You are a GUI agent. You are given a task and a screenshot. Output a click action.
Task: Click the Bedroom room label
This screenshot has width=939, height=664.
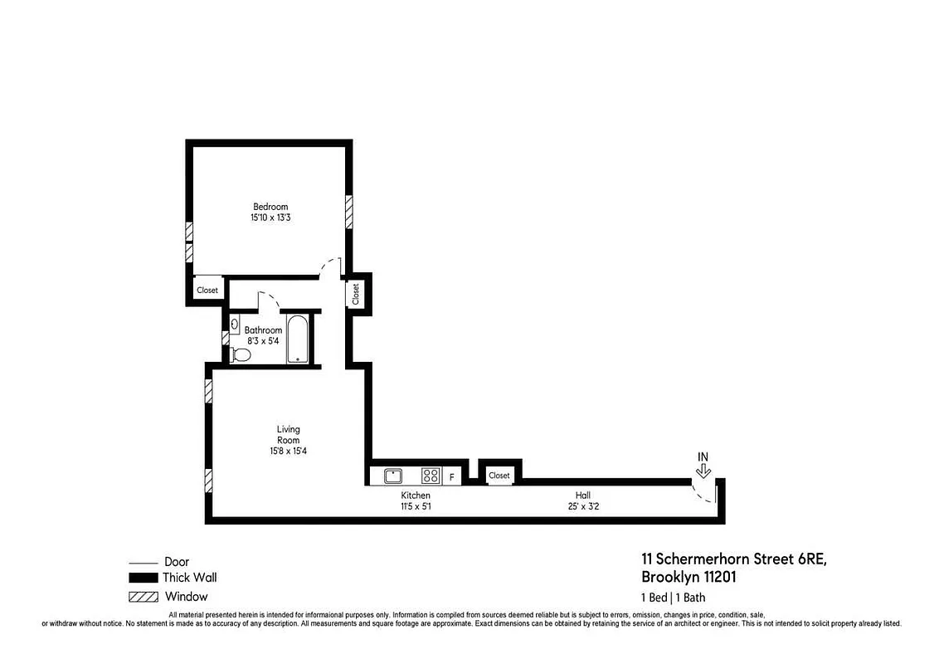(270, 207)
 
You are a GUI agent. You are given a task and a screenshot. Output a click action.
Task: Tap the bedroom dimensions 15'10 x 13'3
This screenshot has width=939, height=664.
(270, 217)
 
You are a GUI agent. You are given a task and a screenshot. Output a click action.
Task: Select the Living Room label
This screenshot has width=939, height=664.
(289, 434)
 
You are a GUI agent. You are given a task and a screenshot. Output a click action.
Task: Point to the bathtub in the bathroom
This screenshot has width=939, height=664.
(297, 339)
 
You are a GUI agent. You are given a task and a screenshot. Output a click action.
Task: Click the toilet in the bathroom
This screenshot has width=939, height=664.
(241, 354)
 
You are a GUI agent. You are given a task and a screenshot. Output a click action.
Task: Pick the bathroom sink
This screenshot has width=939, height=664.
(235, 324)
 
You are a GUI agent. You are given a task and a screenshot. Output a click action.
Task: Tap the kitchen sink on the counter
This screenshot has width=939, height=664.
(392, 476)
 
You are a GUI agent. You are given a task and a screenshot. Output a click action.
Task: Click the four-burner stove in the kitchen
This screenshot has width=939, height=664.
(430, 476)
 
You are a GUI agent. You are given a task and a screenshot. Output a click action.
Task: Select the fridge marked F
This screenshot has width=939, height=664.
(452, 476)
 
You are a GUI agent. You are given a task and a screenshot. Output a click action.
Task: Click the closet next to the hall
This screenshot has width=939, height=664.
(499, 476)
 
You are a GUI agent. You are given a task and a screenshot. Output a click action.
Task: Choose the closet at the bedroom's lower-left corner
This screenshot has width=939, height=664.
(207, 290)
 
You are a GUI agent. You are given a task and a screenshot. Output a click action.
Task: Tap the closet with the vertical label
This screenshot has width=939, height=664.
(356, 294)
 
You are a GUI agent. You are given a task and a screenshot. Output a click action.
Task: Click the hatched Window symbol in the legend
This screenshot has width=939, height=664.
(143, 596)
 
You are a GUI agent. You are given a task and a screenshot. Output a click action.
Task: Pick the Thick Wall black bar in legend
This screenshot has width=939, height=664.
(143, 578)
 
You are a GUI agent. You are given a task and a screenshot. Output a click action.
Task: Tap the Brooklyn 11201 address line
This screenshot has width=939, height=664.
(688, 577)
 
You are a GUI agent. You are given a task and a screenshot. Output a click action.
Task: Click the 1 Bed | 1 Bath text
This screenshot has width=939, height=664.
(673, 597)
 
